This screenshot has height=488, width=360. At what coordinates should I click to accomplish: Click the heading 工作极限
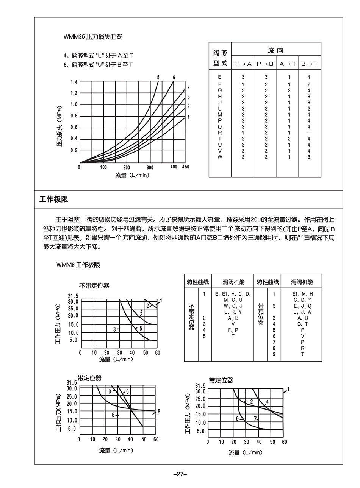pyautogui.click(x=53, y=199)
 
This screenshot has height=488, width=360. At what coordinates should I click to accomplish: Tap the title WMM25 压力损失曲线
pyautogui.click(x=93, y=37)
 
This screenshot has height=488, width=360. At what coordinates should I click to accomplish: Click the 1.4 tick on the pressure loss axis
pyautogui.click(x=74, y=82)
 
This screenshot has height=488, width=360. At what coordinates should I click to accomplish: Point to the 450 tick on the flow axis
pyautogui.click(x=185, y=167)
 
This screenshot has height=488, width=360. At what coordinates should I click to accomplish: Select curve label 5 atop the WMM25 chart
pyautogui.click(x=158, y=78)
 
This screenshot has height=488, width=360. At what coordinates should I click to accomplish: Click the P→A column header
pyautogui.click(x=243, y=64)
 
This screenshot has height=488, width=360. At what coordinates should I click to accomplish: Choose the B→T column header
pyautogui.click(x=309, y=64)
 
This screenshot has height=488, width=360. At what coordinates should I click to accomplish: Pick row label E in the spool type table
pyautogui.click(x=220, y=77)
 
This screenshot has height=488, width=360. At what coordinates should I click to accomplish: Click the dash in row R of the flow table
pyautogui.click(x=309, y=133)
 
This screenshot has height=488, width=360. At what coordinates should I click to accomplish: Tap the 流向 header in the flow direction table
pyautogui.click(x=275, y=50)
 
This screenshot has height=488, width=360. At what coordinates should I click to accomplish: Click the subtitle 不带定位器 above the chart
pyautogui.click(x=94, y=285)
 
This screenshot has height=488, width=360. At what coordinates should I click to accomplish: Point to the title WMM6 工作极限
pyautogui.click(x=78, y=265)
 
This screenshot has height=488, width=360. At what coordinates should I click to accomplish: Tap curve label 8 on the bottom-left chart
pyautogui.click(x=159, y=411)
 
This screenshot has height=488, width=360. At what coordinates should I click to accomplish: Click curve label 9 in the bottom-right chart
pyautogui.click(x=237, y=418)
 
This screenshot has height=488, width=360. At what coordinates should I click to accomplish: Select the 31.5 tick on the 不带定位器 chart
pyautogui.click(x=73, y=296)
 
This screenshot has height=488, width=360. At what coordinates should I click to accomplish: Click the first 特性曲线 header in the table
pyautogui.click(x=198, y=282)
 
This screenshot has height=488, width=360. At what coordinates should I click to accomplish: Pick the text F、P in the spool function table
pyautogui.click(x=233, y=330)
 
